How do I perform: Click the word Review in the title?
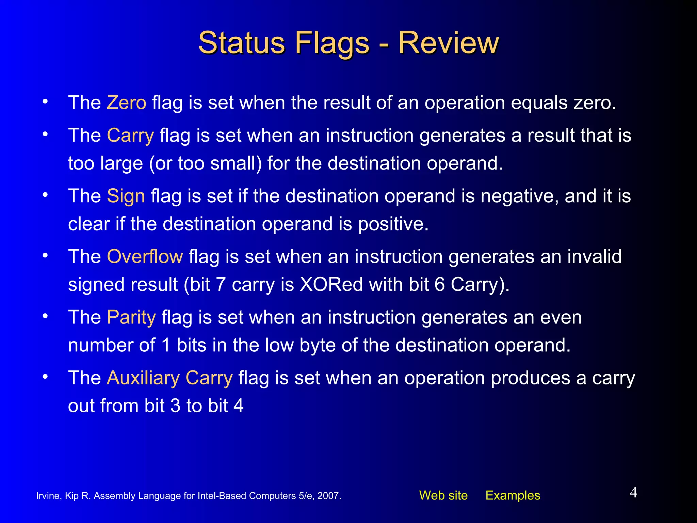[x=448, y=43]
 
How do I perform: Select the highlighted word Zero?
[x=126, y=102]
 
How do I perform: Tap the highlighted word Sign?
[x=126, y=196]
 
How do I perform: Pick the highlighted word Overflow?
[x=145, y=256]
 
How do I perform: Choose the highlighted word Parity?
[x=131, y=317]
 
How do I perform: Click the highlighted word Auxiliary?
[x=143, y=378]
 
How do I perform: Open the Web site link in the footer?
[x=443, y=495]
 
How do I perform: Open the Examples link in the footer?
[x=513, y=495]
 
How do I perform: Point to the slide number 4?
[x=633, y=492]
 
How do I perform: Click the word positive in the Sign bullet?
[x=393, y=224]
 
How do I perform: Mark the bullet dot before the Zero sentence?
[x=45, y=101]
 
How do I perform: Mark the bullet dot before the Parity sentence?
[x=45, y=316]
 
